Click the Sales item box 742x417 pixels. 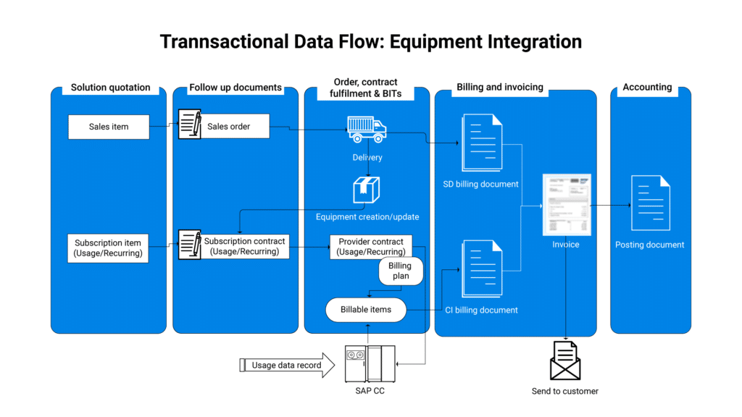109,127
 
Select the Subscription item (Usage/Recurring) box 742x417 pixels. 109,248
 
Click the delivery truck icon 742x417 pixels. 367,129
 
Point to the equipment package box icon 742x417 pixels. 367,190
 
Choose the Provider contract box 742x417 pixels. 371,247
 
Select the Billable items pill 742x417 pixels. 366,309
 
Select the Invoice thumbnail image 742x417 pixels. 567,205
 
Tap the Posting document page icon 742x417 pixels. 650,203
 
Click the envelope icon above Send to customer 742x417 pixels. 565,361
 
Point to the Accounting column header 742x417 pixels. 647,87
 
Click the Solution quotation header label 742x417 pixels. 111,88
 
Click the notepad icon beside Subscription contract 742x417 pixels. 190,245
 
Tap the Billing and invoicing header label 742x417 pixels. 500,87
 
